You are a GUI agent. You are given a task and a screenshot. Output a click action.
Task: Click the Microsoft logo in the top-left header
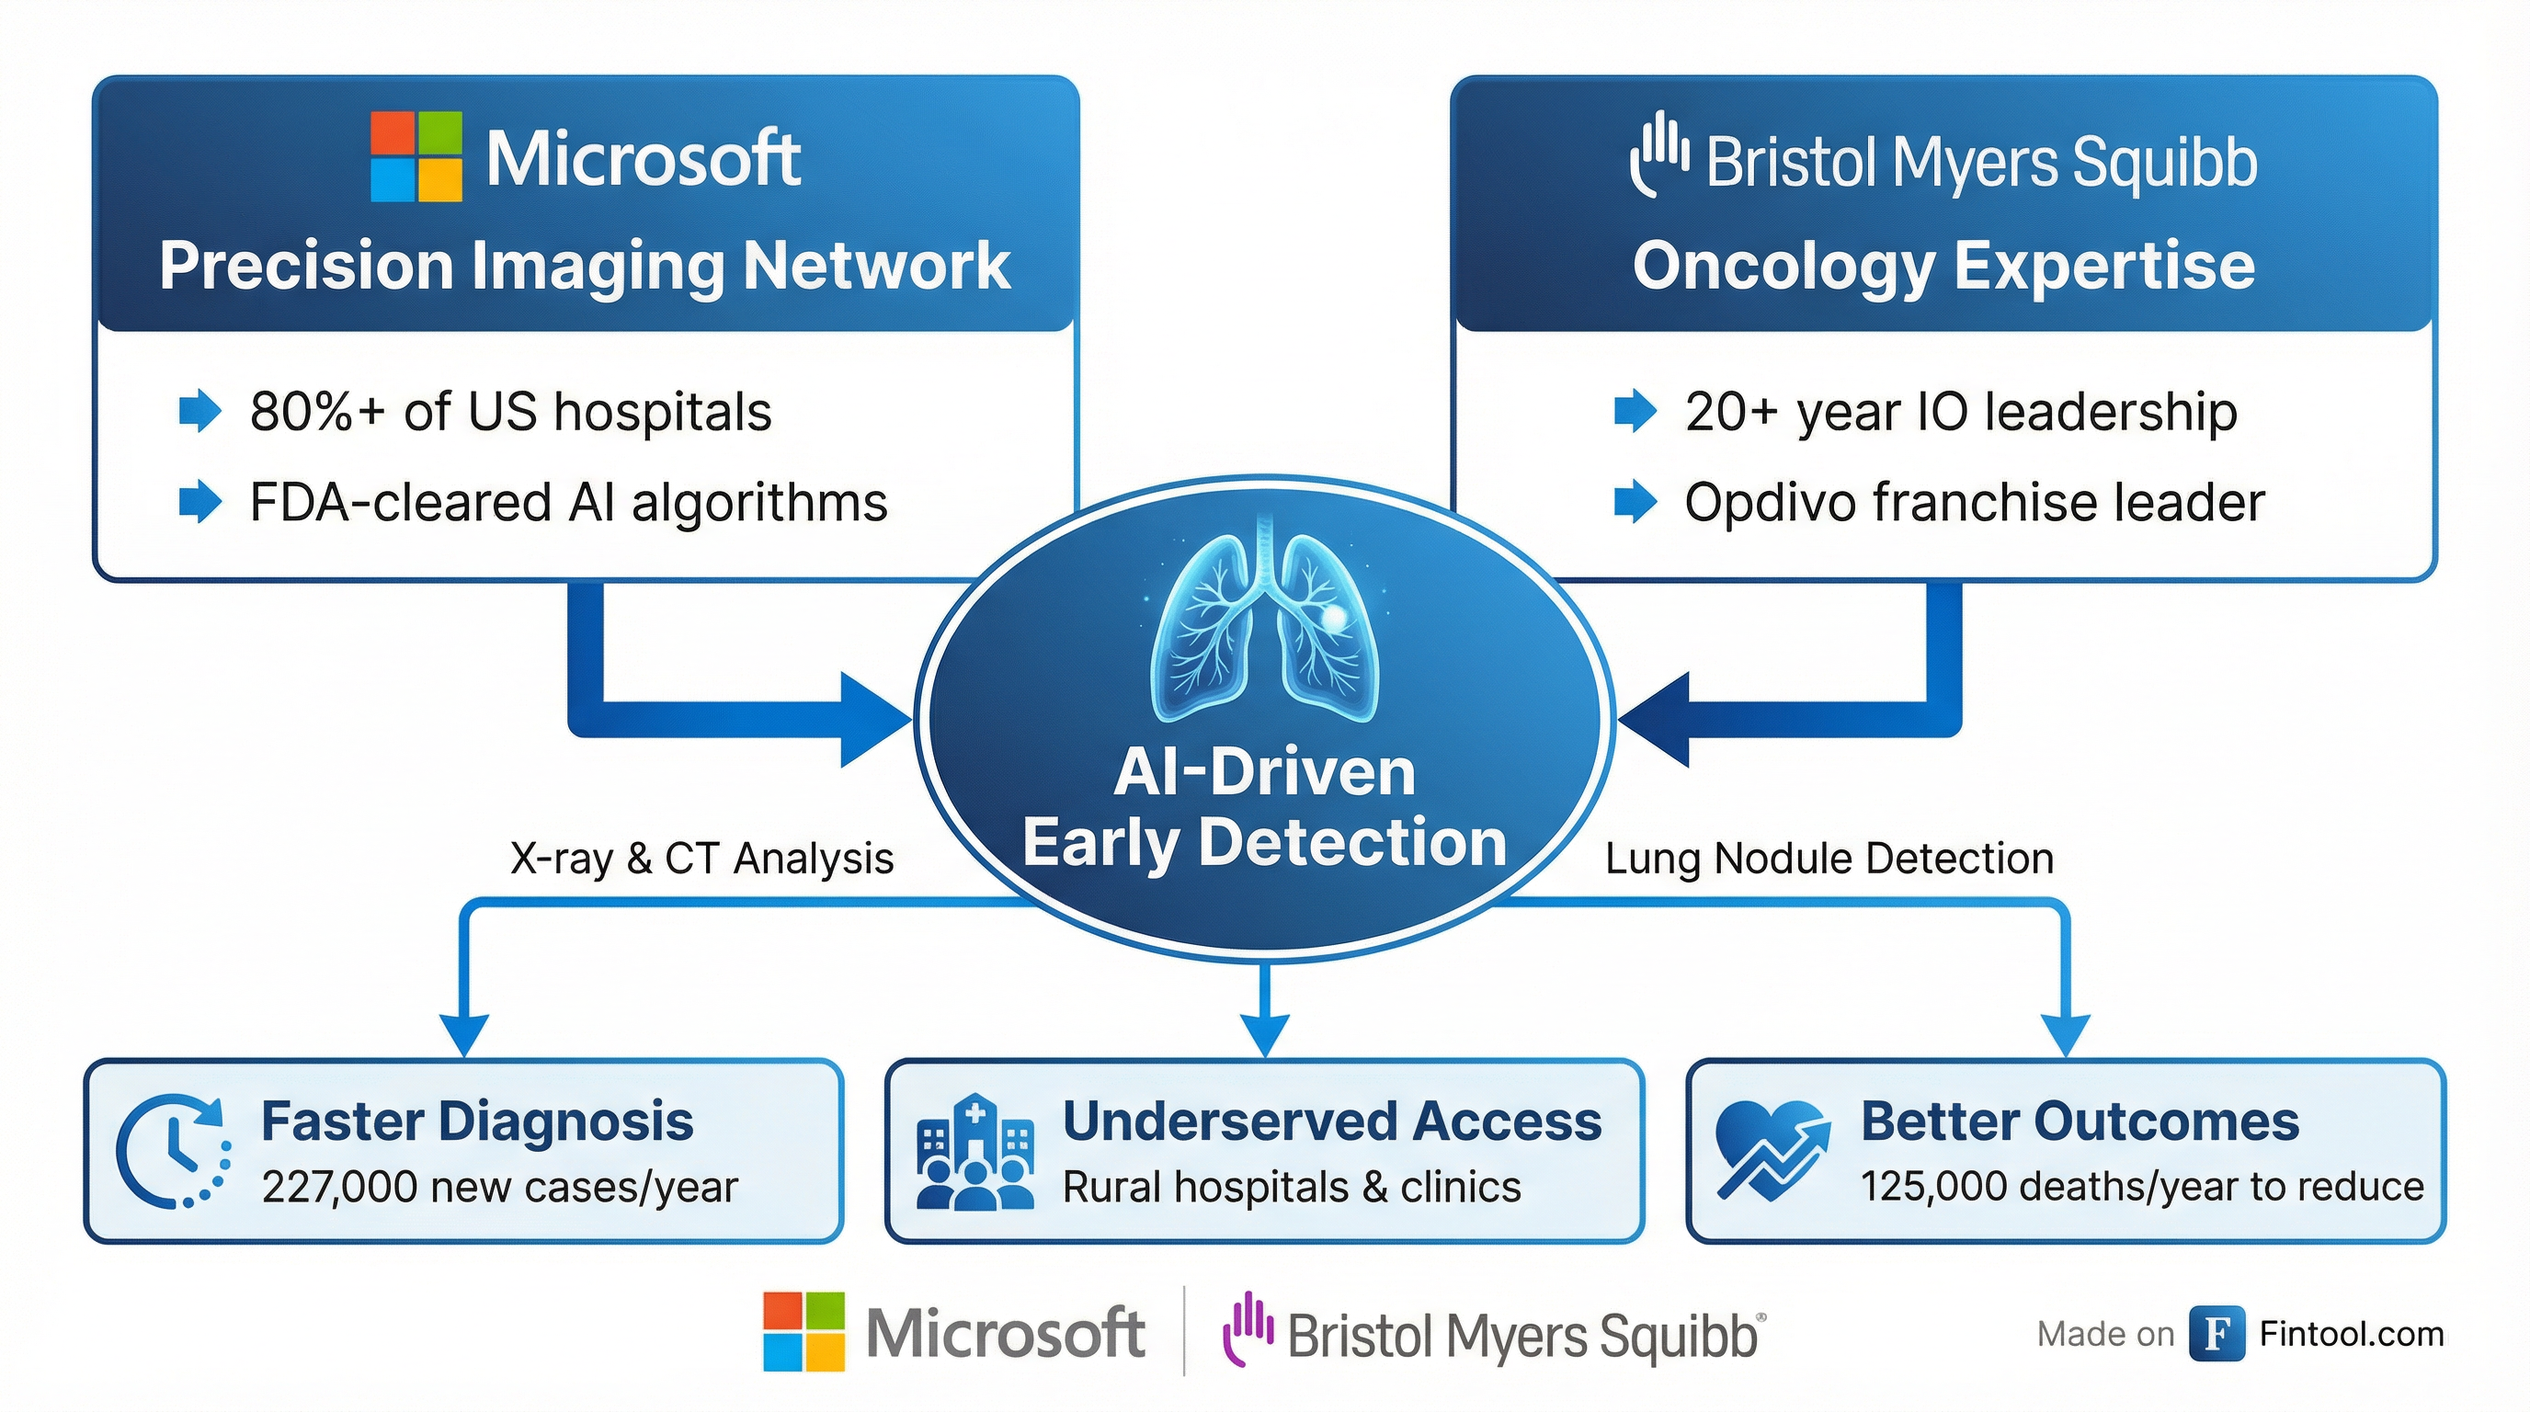point(416,157)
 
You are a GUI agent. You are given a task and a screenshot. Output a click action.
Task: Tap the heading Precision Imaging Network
point(586,265)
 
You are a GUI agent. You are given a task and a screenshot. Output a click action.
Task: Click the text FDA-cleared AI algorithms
point(569,503)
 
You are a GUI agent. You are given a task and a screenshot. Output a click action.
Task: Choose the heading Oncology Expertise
point(1943,265)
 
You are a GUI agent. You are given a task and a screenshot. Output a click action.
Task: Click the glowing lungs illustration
point(1265,629)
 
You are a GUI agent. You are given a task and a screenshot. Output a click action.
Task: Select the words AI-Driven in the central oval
point(1265,772)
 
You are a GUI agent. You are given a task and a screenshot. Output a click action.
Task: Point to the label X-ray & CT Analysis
point(702,859)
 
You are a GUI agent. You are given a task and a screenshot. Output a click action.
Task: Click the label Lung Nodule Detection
point(1829,859)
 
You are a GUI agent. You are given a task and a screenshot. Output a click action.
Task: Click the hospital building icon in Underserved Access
point(974,1151)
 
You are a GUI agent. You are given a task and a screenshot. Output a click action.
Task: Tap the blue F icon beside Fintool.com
point(2217,1334)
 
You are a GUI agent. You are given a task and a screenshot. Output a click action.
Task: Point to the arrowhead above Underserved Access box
point(1265,1036)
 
